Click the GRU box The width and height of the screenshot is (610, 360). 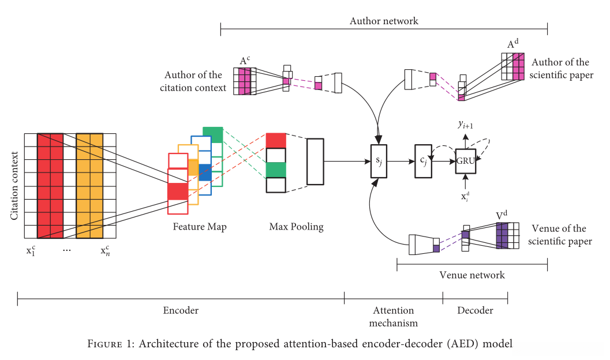pos(466,161)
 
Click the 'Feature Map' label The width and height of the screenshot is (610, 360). pos(200,227)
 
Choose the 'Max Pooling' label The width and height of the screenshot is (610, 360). pos(296,227)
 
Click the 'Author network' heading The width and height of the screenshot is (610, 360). pos(384,21)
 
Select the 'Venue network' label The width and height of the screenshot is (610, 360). pos(471,275)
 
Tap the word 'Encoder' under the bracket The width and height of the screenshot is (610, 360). pos(181,310)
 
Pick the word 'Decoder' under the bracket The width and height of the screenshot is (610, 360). pos(475,310)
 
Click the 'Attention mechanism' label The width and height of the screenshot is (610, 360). pos(394,316)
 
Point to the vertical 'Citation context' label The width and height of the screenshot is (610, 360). pos(14,184)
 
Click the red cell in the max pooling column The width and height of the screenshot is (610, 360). pos(276,141)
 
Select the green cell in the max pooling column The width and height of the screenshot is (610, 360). pos(276,170)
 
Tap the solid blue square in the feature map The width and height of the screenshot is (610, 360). pos(205,172)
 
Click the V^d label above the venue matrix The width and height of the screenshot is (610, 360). pos(502,216)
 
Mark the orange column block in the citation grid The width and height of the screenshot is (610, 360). pos(89,185)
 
